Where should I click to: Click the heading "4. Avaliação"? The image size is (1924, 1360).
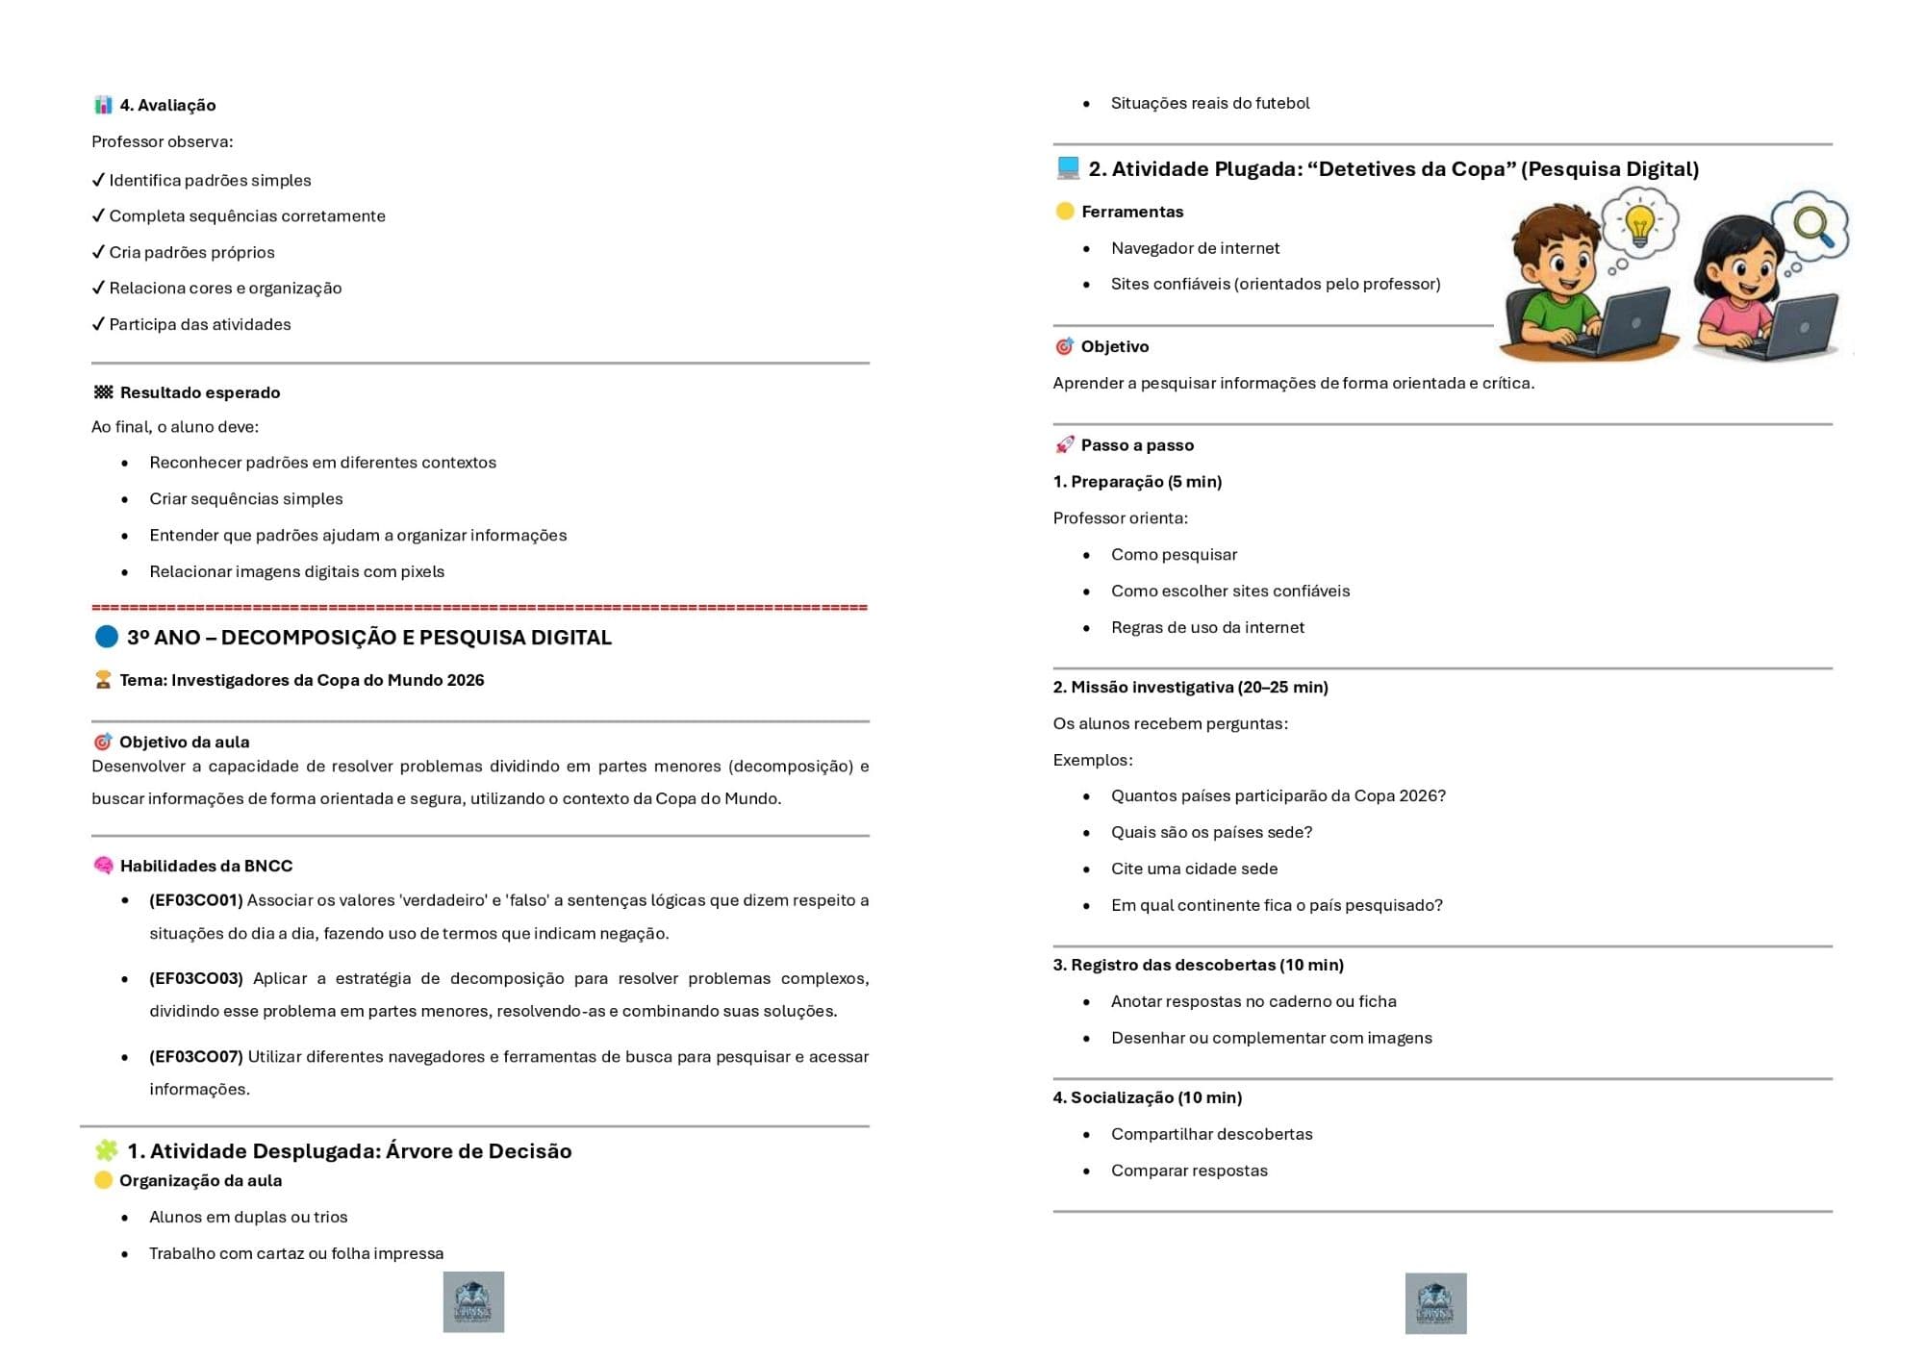click(167, 105)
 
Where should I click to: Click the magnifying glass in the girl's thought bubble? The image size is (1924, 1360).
click(1812, 226)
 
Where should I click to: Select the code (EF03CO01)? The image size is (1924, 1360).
click(196, 900)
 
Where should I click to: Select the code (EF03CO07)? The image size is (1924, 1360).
click(196, 1056)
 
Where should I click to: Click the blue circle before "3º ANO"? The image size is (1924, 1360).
click(107, 637)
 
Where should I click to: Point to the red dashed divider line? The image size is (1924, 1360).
click(479, 607)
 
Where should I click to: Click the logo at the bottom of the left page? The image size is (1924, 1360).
click(473, 1301)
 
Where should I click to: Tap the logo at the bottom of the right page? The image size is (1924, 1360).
click(1435, 1302)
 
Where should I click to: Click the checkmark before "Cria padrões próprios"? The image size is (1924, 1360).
click(98, 252)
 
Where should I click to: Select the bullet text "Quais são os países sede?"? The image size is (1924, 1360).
click(1211, 832)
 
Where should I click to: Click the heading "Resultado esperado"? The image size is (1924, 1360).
click(200, 392)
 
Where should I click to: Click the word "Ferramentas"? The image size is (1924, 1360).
click(1132, 212)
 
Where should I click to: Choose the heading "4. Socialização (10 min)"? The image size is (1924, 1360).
click(1147, 1097)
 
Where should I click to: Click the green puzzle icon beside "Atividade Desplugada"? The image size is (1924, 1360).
click(107, 1150)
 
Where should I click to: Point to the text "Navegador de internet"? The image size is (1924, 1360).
click(1195, 248)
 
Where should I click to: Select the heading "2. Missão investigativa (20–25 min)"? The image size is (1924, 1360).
click(1190, 687)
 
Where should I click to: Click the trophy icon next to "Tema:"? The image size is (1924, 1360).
click(103, 680)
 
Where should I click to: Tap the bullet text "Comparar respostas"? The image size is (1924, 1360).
click(1189, 1171)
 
